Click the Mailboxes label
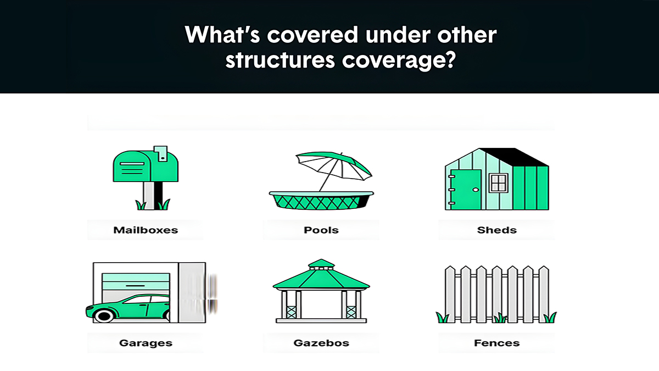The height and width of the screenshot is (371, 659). (x=146, y=230)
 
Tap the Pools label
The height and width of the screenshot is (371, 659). (x=321, y=230)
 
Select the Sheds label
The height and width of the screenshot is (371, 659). (x=496, y=230)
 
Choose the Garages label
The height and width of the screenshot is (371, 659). (x=146, y=343)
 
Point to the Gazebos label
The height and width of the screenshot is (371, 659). (x=321, y=343)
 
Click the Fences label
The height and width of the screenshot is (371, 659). (x=496, y=343)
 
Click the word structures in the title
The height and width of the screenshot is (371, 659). (x=280, y=60)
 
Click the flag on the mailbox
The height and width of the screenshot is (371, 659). (x=161, y=153)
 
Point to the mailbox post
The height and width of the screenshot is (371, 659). (x=153, y=196)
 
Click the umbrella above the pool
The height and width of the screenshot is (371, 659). (x=334, y=167)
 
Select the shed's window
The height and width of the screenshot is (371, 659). (x=499, y=183)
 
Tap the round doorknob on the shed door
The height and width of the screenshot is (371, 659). (x=476, y=190)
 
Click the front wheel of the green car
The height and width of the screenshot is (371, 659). (x=104, y=315)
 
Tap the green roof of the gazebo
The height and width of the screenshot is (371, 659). (x=321, y=279)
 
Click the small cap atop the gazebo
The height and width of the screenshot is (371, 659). (x=321, y=264)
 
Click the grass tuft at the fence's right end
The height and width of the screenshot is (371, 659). (x=550, y=318)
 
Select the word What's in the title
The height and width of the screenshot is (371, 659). (x=222, y=35)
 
